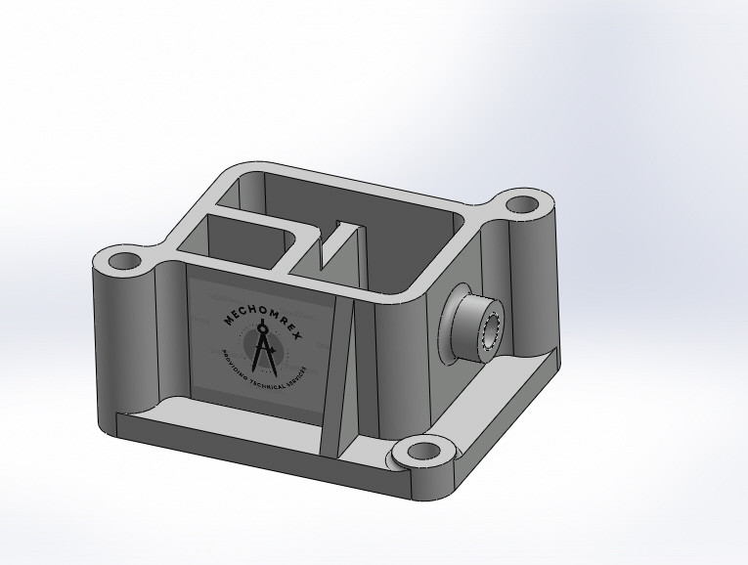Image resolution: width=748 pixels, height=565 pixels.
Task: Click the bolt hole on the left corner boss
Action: click(x=124, y=261)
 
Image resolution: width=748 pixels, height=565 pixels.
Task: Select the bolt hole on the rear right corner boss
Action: click(x=526, y=206)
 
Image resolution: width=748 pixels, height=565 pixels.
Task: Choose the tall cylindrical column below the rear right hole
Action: click(x=533, y=283)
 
